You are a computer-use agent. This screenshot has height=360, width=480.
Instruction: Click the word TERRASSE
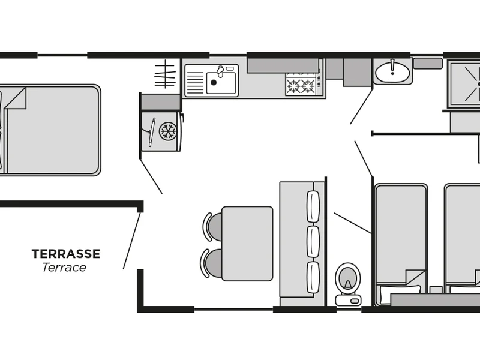coord(66,254)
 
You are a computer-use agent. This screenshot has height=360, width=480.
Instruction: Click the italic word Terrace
coord(64,267)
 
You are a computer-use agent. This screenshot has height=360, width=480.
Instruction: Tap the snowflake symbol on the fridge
coord(168,131)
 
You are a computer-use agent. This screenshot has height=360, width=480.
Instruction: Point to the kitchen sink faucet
coord(220,71)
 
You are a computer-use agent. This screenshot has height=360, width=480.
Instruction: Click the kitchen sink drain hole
coord(214,82)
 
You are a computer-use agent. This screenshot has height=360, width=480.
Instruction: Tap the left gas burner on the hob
coord(293,86)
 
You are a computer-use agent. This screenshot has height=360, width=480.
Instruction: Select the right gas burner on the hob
coord(308,86)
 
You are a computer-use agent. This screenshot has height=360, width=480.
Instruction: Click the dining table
coord(247,244)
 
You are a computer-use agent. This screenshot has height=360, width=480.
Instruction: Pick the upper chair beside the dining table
coord(212,227)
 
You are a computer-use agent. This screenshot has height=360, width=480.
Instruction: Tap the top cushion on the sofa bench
coord(313,206)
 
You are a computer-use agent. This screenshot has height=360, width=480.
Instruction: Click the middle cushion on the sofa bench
coord(313,242)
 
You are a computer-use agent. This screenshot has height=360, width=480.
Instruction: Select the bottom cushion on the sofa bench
coord(313,277)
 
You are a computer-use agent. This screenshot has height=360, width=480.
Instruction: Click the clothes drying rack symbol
coord(165,74)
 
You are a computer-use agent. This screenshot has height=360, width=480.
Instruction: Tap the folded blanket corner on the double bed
coord(15,98)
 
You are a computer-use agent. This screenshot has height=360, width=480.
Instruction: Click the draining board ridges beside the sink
coord(194,83)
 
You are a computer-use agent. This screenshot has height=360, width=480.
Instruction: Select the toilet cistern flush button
coord(355,301)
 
